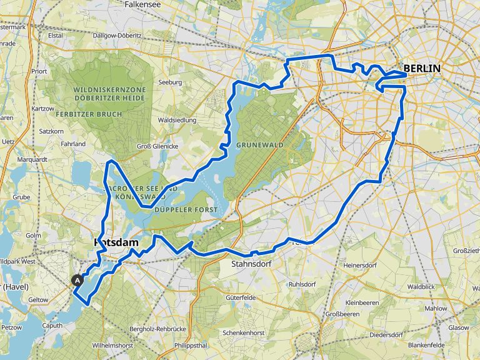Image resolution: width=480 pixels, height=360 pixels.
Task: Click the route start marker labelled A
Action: click(77, 281)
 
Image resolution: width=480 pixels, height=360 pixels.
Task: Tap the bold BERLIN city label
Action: click(422, 69)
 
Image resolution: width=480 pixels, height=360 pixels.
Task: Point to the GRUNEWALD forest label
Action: click(260, 144)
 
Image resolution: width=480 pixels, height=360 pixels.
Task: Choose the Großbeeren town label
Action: click(344, 314)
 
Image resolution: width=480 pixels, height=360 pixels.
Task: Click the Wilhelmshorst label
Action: click(112, 344)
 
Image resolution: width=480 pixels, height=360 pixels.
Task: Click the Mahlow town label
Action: click(436, 308)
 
